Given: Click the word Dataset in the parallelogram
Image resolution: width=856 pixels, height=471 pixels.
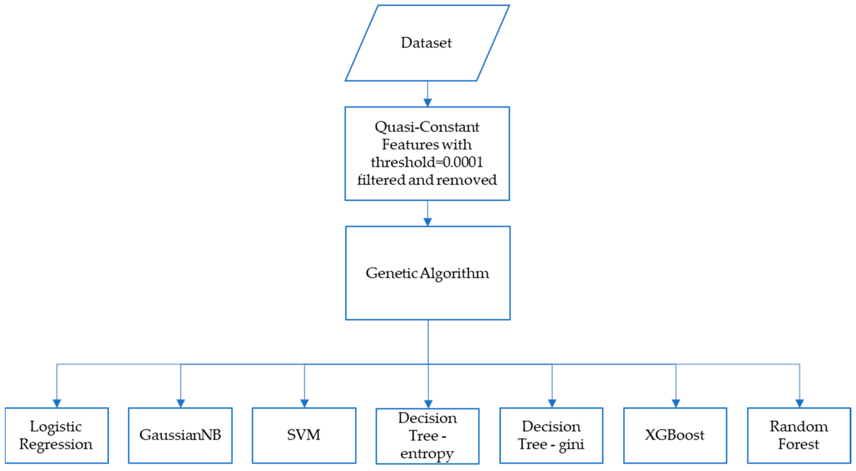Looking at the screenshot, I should coord(426,43).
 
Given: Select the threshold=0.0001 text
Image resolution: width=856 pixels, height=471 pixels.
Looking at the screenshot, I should coord(427,162).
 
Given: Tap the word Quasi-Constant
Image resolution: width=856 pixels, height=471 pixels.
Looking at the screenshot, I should coord(427,127).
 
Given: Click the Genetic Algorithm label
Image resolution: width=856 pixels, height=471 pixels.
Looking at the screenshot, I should coord(427,273).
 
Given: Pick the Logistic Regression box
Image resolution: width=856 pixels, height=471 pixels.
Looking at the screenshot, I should coord(56,435).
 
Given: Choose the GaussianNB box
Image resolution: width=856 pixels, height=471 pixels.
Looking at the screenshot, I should coord(180,435).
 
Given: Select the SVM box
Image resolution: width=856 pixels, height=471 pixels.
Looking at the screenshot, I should coord(304,435).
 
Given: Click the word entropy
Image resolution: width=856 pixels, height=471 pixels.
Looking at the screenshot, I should coord(427,453).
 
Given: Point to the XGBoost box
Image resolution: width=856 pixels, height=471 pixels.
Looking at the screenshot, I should coord(675,435).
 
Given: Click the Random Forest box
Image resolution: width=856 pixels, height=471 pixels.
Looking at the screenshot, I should coord(799,435).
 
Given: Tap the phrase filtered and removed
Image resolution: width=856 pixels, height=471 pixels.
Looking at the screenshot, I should coord(427,180).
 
